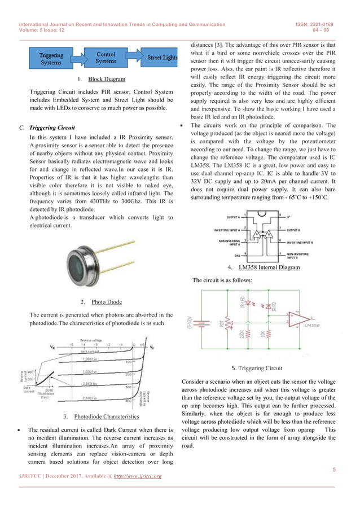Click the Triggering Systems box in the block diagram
(51, 59)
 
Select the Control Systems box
(106, 58)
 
